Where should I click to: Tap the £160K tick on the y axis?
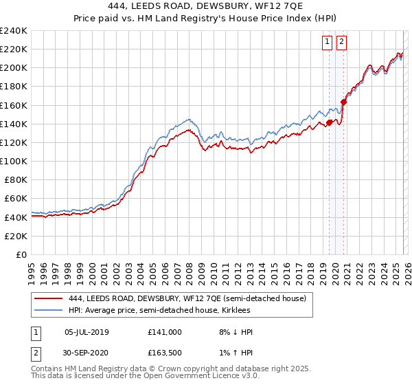click(13, 105)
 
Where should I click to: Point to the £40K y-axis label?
click(16, 217)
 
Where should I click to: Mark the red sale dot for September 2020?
click(343, 102)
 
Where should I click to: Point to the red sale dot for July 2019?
click(329, 123)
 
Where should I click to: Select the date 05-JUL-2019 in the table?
click(86, 332)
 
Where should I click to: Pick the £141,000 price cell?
click(165, 332)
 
